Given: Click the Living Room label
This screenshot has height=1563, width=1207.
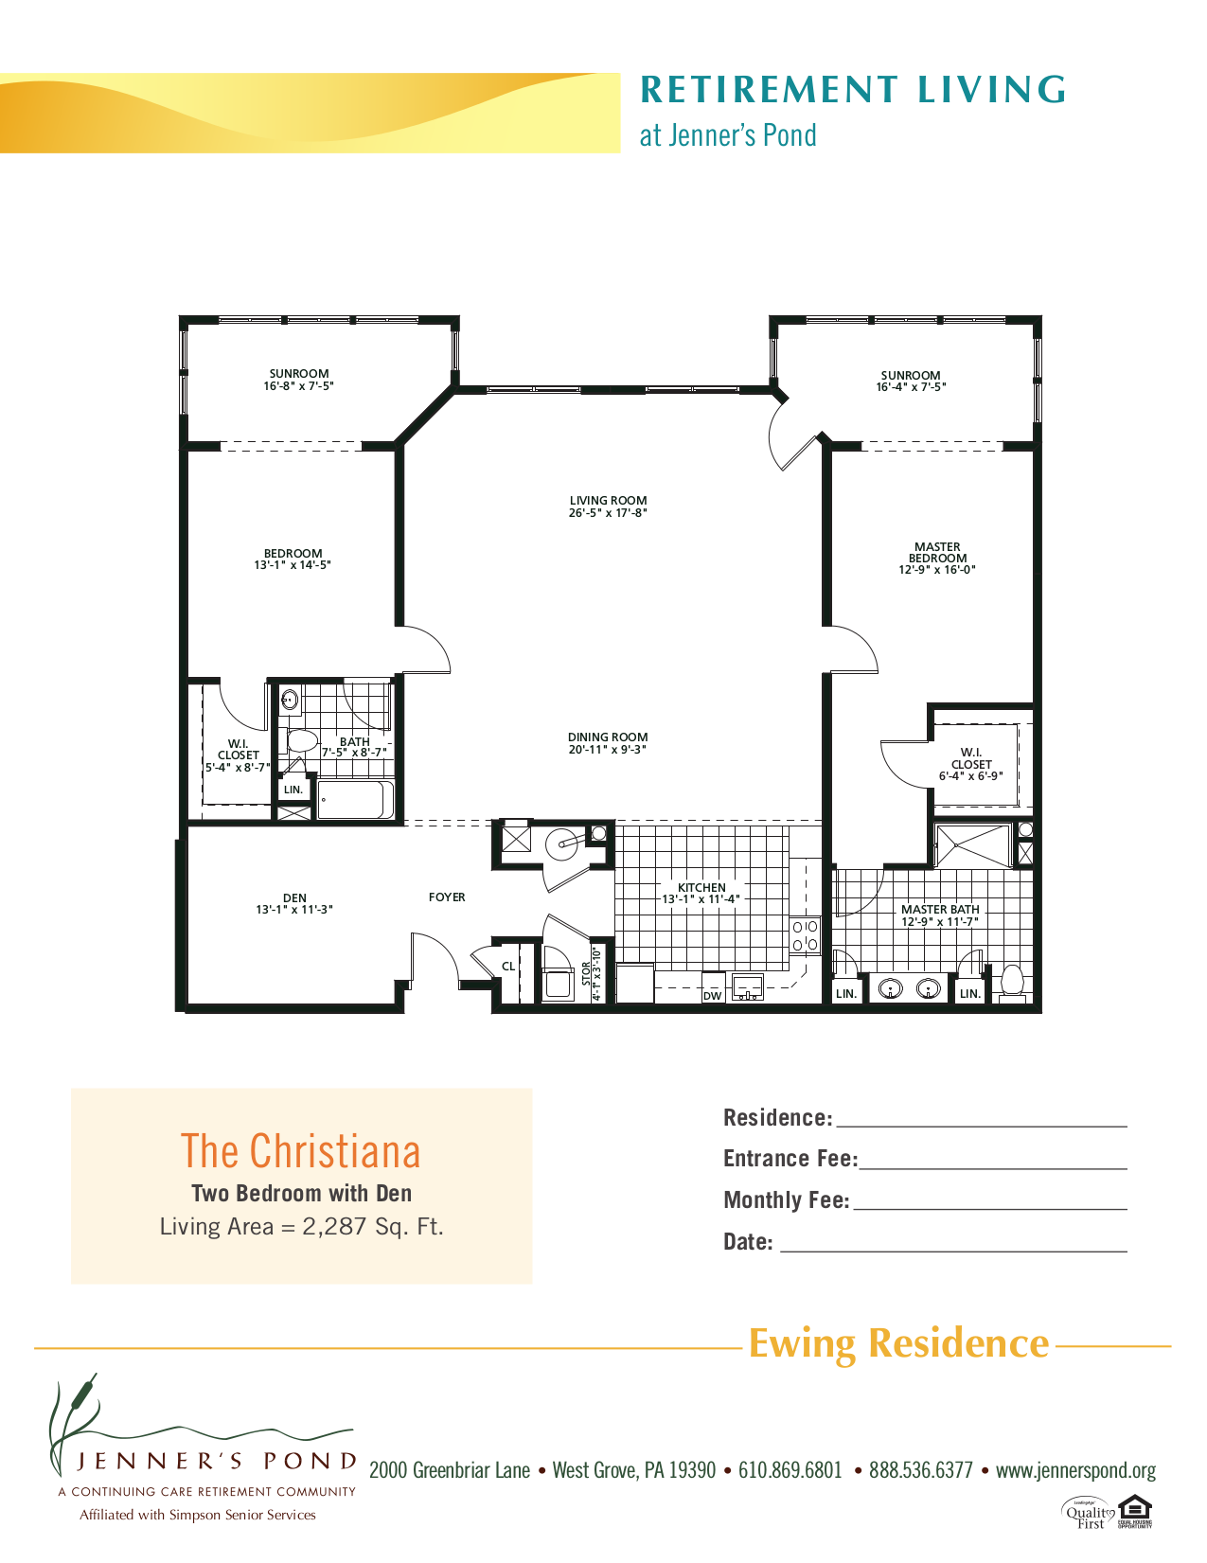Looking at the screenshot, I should [x=608, y=501].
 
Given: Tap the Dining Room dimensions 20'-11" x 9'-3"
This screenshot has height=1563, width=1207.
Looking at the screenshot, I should [x=608, y=750].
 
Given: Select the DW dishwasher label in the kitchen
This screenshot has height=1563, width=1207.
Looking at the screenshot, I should [x=713, y=996].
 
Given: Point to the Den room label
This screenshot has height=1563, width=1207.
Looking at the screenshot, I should [x=294, y=897].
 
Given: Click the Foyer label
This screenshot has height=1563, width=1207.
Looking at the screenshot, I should [x=447, y=897].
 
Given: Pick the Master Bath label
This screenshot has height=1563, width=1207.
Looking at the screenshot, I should [x=940, y=910].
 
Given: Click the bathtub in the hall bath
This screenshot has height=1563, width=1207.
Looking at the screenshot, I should [x=356, y=800].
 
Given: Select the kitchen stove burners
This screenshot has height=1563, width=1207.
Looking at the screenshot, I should [x=805, y=935].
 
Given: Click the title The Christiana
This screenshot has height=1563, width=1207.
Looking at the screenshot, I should [x=301, y=1151].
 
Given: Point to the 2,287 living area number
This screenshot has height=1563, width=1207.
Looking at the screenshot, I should [x=334, y=1227].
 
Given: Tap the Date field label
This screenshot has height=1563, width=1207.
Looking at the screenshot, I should [x=748, y=1242].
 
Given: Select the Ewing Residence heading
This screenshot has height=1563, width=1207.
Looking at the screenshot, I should [x=898, y=1343].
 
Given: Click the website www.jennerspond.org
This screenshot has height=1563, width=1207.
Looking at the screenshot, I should [x=1075, y=1470].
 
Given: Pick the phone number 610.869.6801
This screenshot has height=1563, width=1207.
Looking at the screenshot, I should [x=790, y=1470].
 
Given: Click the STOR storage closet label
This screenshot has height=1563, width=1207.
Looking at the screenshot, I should [x=586, y=974].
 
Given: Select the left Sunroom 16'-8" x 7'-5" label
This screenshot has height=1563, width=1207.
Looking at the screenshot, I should [x=299, y=380].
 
